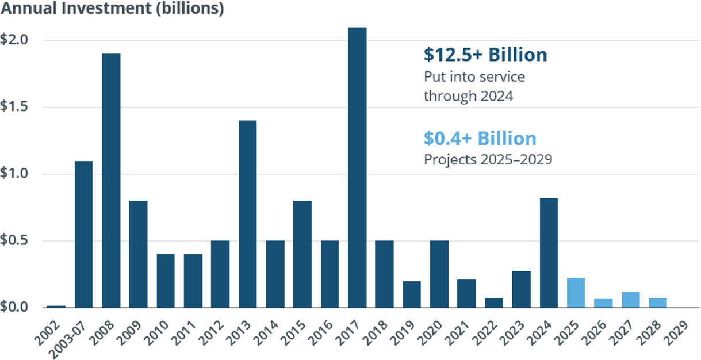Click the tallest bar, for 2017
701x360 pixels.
coord(357,167)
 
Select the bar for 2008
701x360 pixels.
coord(111,181)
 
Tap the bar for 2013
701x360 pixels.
coord(248,214)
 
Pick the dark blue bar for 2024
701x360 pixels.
coord(549,253)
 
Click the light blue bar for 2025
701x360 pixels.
coord(576,293)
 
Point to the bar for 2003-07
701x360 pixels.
coord(83,234)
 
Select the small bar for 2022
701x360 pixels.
coord(494,302)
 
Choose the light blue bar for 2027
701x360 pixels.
coord(630,300)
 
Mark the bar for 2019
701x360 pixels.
coord(412,294)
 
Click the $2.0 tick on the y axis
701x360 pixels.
coord(14,40)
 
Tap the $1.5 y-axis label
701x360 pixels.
coord(14,107)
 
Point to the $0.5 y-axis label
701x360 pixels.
coord(14,241)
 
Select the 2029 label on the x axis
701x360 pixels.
coord(679,330)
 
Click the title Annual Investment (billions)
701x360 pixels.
coord(112,10)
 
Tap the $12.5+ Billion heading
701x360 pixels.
coord(485,55)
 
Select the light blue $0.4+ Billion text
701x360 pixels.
coord(480,139)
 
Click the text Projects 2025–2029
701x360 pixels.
coord(488,159)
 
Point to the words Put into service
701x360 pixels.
coord(474,76)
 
